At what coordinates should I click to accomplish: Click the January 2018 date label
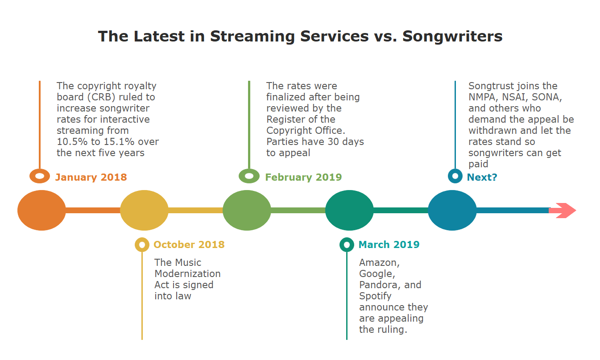[91, 177]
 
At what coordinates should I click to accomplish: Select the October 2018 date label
[189, 244]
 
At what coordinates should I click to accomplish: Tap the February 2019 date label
[303, 177]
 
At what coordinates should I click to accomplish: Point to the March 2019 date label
[389, 244]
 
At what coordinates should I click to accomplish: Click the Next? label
[482, 177]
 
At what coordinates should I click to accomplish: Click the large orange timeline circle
[41, 210]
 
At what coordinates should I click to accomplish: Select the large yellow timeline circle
[144, 210]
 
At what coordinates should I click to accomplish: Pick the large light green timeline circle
[247, 210]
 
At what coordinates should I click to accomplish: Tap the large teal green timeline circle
[349, 210]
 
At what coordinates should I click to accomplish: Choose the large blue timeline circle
[452, 210]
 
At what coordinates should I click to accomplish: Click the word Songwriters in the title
[452, 36]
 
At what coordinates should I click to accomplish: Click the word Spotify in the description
[375, 296]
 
